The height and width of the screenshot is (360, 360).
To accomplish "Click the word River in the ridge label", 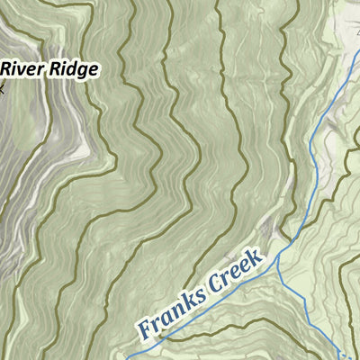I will [22, 68].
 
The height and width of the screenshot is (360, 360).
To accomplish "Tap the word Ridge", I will [72, 69].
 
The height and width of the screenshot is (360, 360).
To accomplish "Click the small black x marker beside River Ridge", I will [2, 88].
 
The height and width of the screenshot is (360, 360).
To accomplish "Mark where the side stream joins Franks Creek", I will [276, 256].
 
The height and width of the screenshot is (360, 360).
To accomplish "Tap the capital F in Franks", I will [144, 325].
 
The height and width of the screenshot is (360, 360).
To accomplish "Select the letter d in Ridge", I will [71, 68].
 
